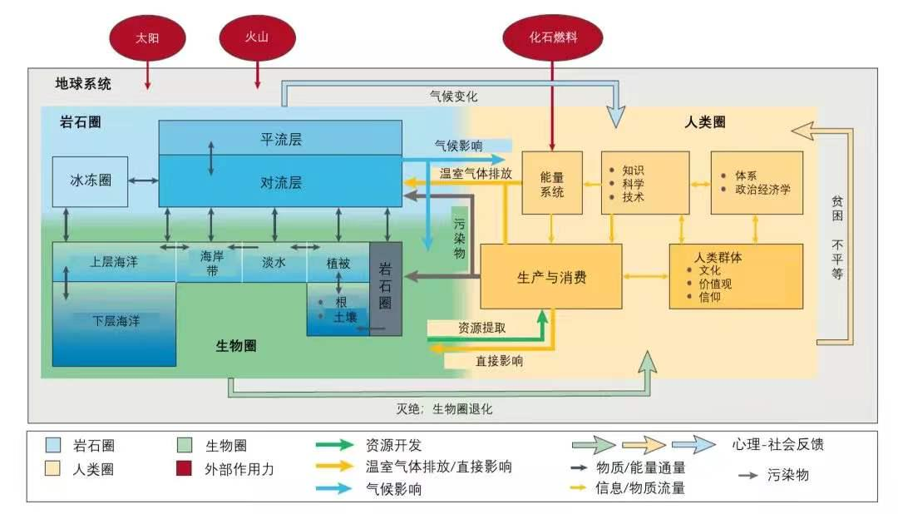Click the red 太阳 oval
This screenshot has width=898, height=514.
point(147,37)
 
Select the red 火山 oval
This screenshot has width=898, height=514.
point(257,37)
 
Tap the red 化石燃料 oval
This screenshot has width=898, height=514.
point(553,37)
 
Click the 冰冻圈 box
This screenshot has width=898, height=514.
point(90,181)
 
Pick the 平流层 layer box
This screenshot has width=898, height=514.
point(280,138)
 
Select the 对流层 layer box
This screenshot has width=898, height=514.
point(280,181)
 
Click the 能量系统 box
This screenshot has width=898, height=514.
point(552,183)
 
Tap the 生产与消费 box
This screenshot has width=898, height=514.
point(551,277)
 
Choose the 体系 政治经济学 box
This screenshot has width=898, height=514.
point(757,183)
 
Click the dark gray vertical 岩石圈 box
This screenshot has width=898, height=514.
point(386,289)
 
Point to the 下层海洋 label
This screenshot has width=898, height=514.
point(116,321)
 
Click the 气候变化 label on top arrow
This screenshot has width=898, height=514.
point(454,96)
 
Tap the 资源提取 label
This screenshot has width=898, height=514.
point(482,328)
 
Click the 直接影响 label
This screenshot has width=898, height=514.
point(500,361)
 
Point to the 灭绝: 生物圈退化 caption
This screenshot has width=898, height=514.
point(444,408)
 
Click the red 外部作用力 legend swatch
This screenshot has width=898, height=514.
point(184,468)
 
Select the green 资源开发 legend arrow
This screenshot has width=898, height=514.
point(334,445)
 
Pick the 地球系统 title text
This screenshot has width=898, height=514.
point(83,84)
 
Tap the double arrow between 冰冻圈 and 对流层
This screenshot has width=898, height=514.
point(143,180)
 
